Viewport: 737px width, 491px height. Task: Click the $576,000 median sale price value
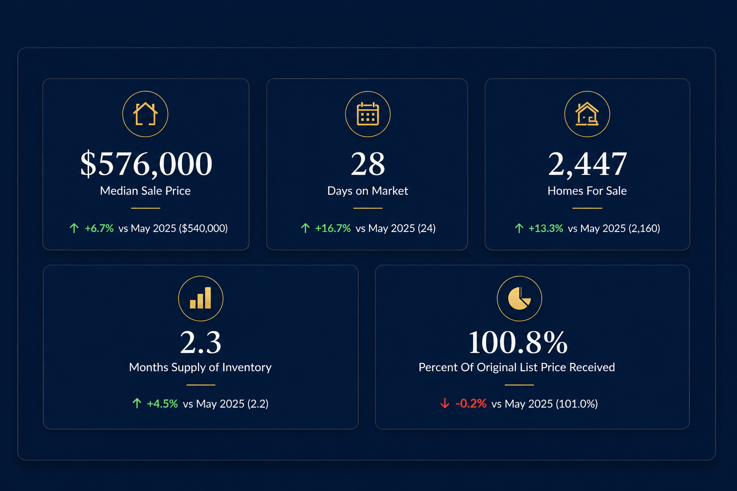coord(146,164)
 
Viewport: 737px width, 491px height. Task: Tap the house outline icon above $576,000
coord(145,114)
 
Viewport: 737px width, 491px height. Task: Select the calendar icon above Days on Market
coord(368,114)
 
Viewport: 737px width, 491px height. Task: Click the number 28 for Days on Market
coord(368,164)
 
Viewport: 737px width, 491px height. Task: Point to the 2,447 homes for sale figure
coord(587,164)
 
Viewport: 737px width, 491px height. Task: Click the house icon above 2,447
coord(587,114)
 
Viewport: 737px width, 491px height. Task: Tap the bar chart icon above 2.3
coord(201,298)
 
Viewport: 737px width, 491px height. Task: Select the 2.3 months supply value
coord(201,342)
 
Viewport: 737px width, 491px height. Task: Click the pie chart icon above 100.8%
coord(519,298)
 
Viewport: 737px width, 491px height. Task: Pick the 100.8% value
coord(518,342)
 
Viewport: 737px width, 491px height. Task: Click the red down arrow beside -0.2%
coord(445,403)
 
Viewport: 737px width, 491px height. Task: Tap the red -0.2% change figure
coord(471,404)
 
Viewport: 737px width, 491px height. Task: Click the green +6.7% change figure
coord(99,228)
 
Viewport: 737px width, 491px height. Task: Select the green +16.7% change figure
coord(333,228)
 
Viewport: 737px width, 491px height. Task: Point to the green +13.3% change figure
coord(546,228)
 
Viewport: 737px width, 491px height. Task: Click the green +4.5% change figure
coord(162,404)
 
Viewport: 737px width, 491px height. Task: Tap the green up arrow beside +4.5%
coord(137,403)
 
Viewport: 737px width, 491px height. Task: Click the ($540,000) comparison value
coord(203,228)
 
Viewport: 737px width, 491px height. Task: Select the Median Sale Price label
coord(145,191)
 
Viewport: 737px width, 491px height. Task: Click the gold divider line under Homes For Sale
coord(587,208)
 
